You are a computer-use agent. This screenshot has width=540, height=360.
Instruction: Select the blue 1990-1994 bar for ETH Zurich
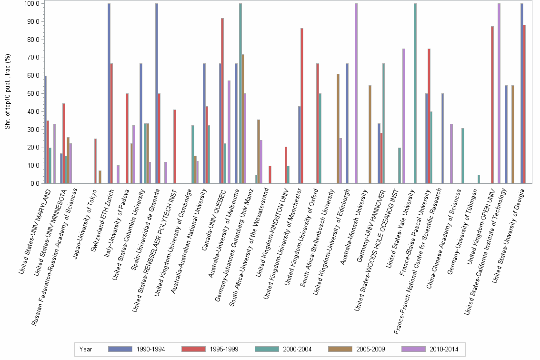(x=109, y=93)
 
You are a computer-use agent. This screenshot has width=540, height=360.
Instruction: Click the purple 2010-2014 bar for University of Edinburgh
(x=356, y=93)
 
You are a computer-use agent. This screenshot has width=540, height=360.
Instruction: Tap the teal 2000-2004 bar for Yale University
(x=415, y=93)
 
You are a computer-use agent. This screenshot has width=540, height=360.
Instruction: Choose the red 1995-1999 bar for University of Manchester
(x=302, y=106)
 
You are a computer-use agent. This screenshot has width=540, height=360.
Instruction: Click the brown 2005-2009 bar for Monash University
(x=370, y=134)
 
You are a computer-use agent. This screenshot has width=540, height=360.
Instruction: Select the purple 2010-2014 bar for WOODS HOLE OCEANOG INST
(x=404, y=116)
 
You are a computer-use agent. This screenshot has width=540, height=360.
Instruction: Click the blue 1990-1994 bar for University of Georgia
(x=521, y=93)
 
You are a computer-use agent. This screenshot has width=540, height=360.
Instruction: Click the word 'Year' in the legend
(x=86, y=349)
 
